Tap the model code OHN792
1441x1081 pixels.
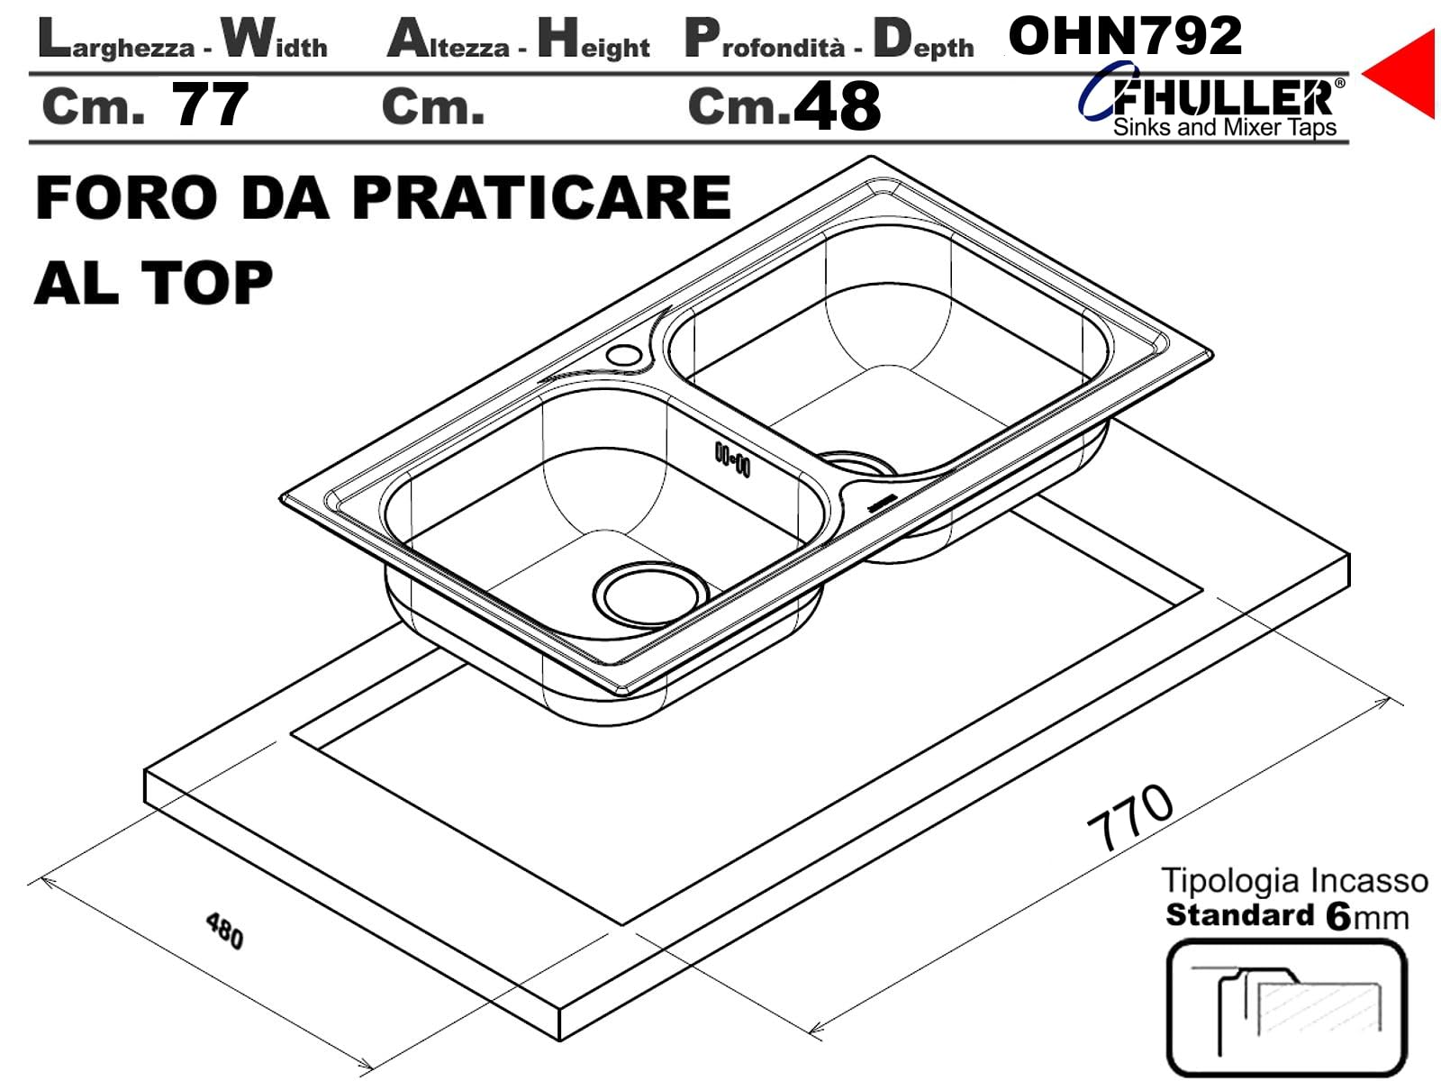coord(1125,36)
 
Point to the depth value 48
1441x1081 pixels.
coord(837,105)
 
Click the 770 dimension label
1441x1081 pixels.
coord(1130,816)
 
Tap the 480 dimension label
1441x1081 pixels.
coord(224,930)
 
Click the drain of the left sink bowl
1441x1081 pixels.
coord(650,595)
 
